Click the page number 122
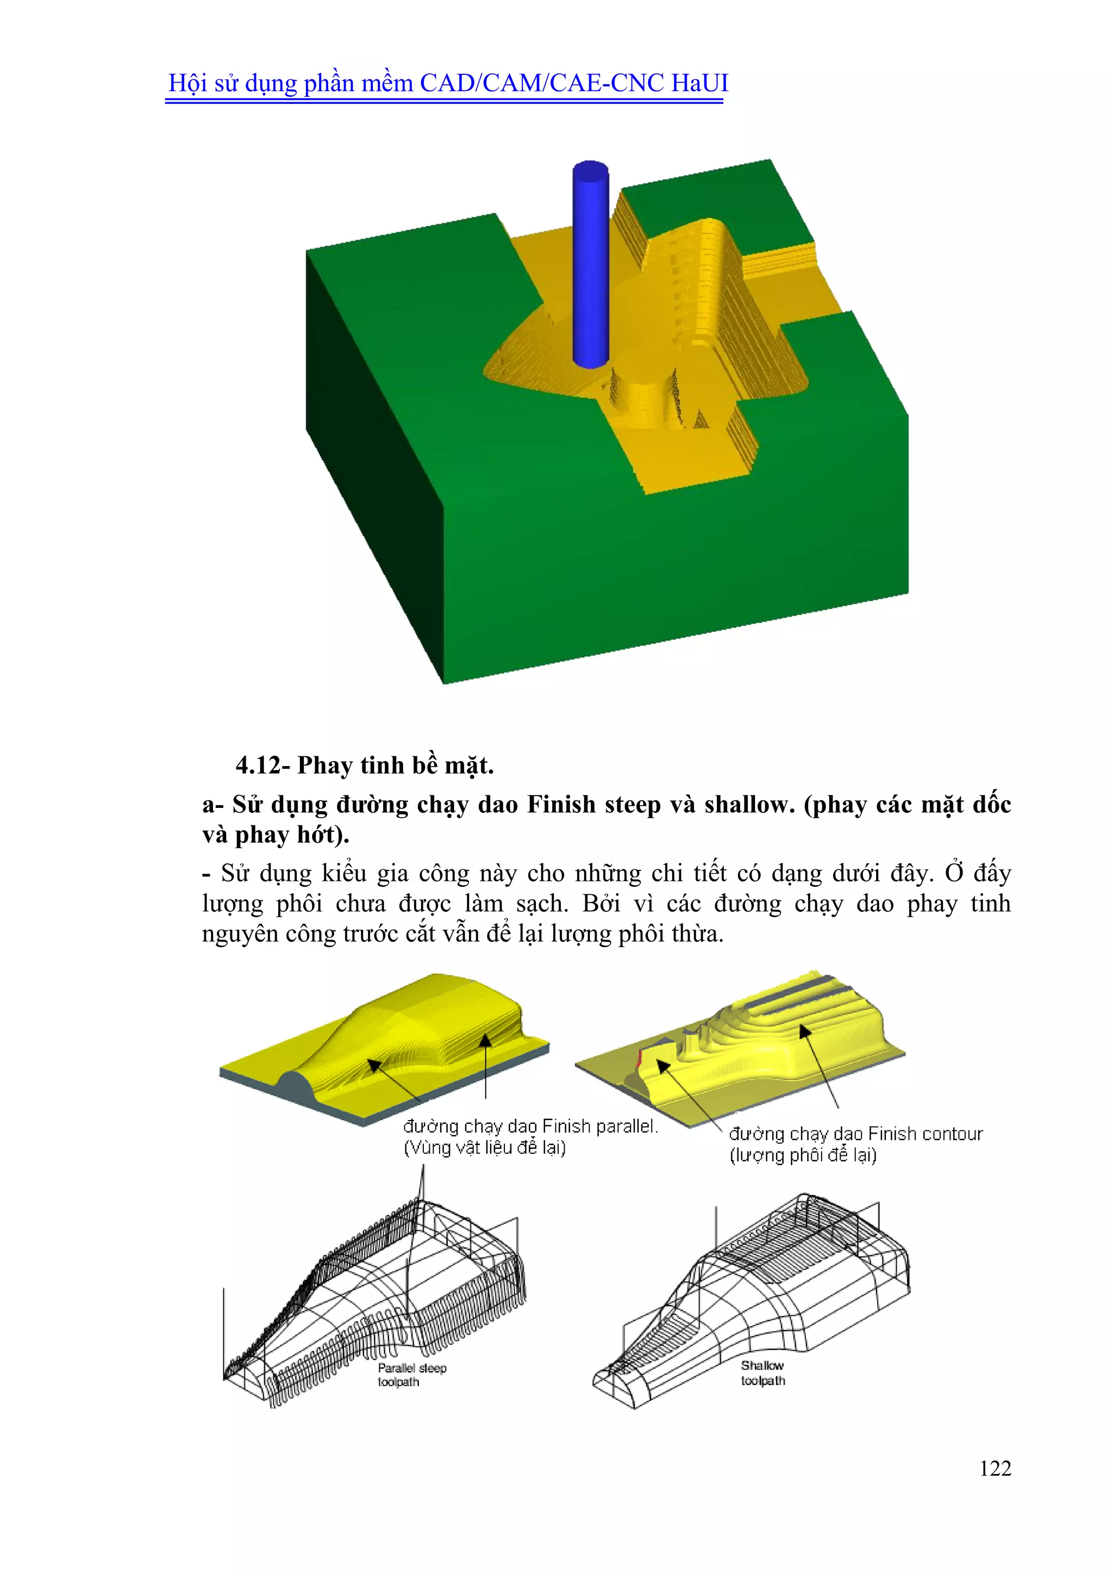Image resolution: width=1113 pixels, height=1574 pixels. tap(995, 1468)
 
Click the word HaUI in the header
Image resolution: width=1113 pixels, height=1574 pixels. tap(699, 83)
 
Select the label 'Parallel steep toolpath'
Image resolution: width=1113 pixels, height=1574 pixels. tap(411, 1374)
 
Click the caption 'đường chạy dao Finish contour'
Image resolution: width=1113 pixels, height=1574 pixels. tap(855, 1134)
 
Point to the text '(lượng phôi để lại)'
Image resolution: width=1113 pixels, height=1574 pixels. tap(803, 1155)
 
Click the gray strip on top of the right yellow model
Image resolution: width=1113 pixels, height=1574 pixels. tap(788, 993)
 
